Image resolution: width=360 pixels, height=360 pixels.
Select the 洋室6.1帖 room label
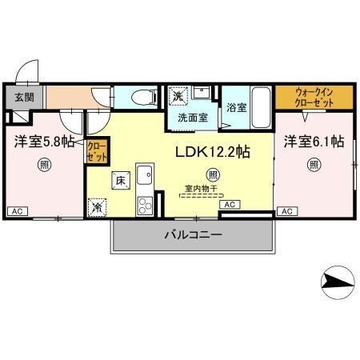click(x=313, y=142)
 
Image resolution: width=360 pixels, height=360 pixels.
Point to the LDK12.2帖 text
click(x=211, y=150)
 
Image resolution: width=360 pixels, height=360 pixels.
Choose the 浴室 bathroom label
click(x=236, y=107)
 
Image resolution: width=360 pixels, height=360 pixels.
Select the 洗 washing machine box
click(x=179, y=95)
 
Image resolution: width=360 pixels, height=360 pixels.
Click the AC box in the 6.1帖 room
click(x=286, y=211)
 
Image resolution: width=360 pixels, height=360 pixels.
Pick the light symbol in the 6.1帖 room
click(x=314, y=166)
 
